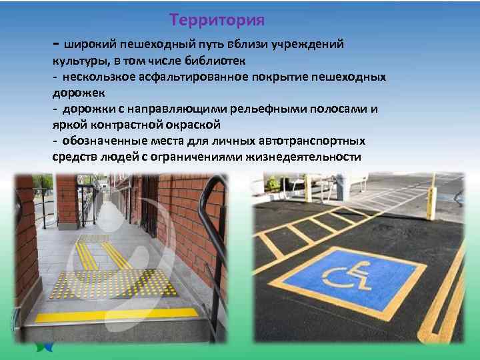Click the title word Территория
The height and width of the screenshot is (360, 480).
(217, 20)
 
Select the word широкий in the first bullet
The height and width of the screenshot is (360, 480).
(90, 44)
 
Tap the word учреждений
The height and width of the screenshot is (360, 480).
(311, 44)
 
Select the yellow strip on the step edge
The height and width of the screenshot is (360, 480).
(117, 315)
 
